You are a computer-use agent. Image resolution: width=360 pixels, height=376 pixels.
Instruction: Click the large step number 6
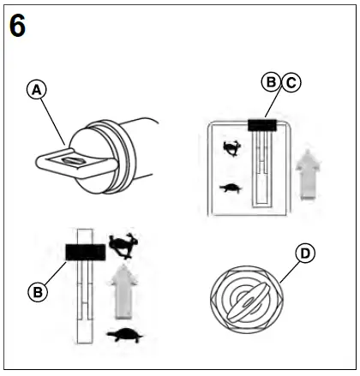click(x=17, y=26)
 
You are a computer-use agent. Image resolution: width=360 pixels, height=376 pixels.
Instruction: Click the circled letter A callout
click(x=36, y=90)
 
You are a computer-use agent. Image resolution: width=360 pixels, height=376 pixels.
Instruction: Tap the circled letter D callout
click(x=305, y=253)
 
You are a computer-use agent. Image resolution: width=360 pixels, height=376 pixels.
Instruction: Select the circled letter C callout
click(x=291, y=82)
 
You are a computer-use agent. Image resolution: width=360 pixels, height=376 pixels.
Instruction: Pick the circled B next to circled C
click(x=272, y=82)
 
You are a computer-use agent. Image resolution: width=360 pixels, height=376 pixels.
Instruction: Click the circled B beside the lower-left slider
click(x=38, y=292)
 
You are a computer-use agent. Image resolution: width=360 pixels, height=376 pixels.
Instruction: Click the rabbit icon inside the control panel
click(x=232, y=148)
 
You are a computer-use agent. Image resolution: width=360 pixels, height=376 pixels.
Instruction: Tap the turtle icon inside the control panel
click(x=231, y=188)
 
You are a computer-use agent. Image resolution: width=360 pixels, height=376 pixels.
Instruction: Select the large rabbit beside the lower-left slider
click(x=123, y=246)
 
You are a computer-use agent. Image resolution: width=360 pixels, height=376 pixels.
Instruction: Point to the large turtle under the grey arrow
click(x=125, y=335)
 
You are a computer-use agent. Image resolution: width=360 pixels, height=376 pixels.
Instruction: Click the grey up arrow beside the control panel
click(x=308, y=174)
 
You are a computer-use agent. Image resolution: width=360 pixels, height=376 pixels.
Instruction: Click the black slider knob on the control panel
click(x=262, y=125)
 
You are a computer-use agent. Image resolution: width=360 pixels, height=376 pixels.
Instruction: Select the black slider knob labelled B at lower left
click(x=86, y=252)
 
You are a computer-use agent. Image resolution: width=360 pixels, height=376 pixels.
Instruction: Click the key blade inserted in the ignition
click(x=77, y=162)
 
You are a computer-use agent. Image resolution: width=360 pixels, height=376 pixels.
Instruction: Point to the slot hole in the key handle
click(x=73, y=161)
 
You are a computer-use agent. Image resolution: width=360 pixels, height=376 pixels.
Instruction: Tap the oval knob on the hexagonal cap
click(x=249, y=301)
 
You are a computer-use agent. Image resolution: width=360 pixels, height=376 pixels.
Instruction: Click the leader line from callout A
click(x=53, y=122)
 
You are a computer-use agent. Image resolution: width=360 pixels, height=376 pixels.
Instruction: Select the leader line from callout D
click(x=290, y=272)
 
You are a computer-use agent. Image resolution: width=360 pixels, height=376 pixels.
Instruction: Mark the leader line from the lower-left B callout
click(x=55, y=273)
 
